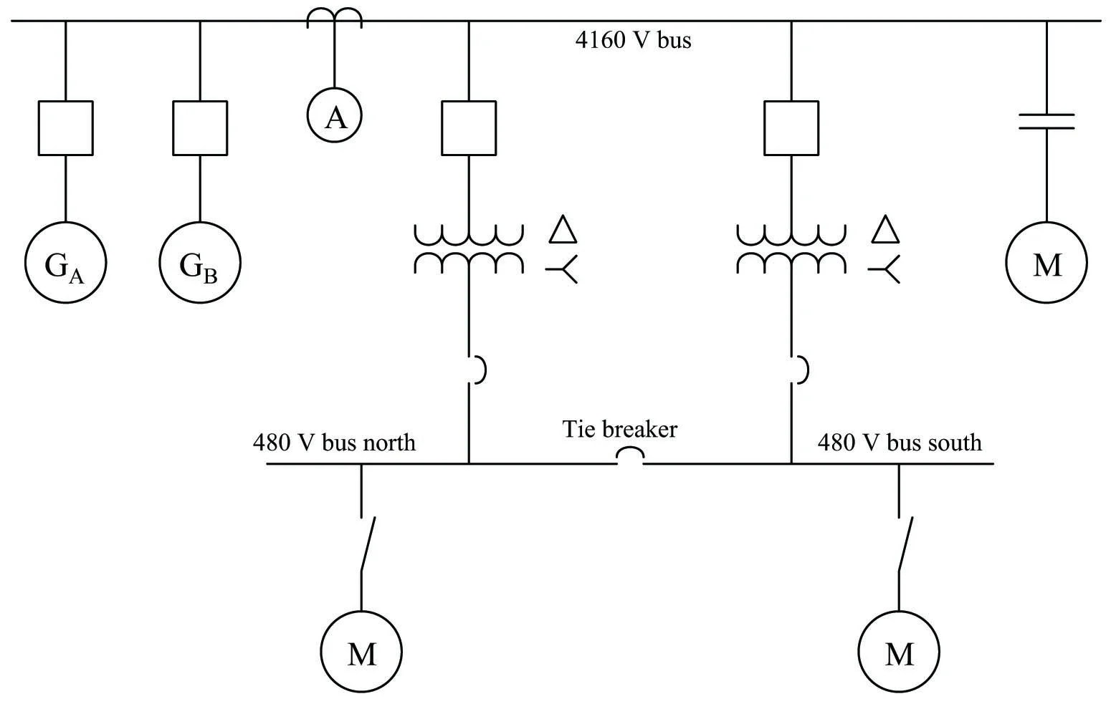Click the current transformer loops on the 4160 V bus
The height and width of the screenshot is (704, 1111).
coord(334,9)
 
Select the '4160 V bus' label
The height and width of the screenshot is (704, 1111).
coord(633,39)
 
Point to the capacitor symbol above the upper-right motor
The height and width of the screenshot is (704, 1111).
coord(1046,121)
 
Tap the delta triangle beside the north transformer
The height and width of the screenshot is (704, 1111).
coord(563,242)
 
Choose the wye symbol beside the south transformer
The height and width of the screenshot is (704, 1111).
coord(884,269)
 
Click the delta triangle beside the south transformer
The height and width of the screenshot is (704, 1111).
coord(885,242)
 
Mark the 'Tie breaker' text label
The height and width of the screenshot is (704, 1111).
coord(619,429)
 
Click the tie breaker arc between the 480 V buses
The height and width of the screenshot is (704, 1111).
coord(630,448)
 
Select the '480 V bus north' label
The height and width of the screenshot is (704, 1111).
coord(334,443)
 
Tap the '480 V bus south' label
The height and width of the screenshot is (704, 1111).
coord(900,443)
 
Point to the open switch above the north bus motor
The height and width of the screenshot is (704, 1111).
coord(368,544)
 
